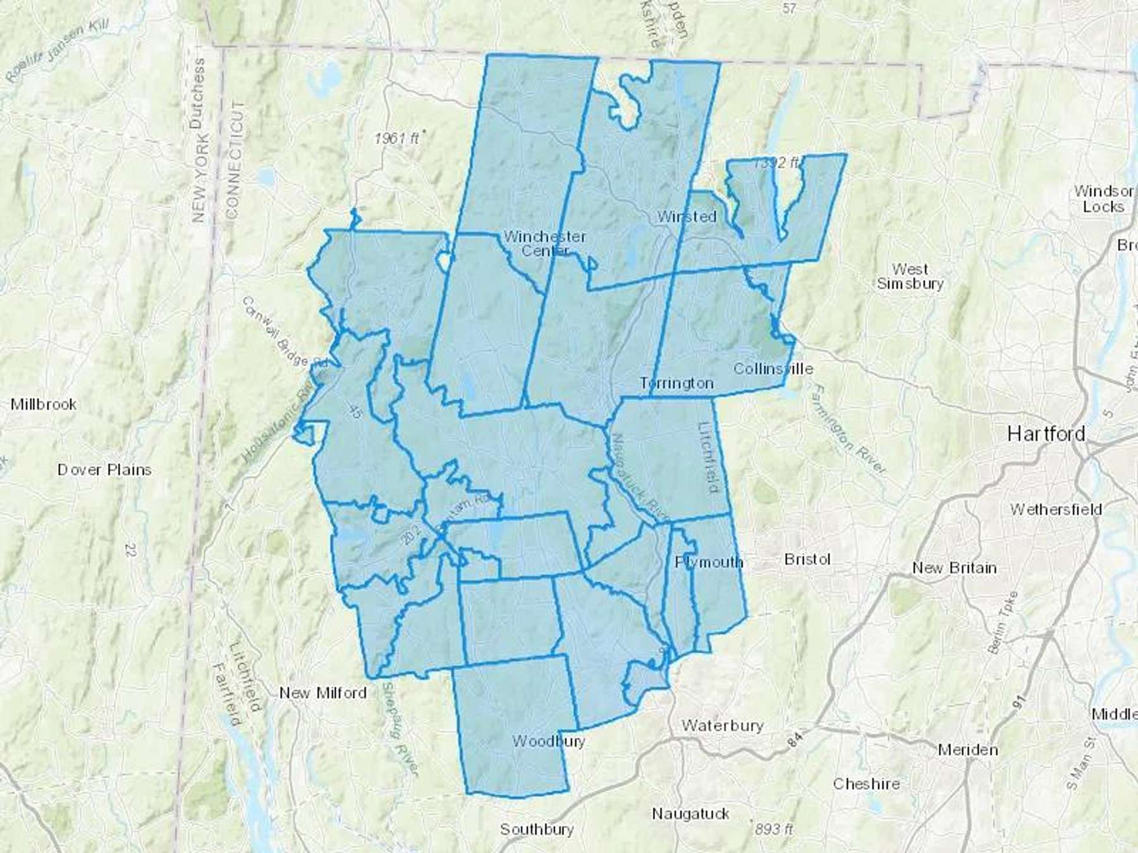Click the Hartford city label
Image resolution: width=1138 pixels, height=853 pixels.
pos(1046,433)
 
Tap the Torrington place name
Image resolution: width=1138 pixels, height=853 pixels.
pos(676,383)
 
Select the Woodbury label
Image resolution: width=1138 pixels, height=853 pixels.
pos(548,741)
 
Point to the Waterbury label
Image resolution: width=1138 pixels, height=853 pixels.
pos(722,725)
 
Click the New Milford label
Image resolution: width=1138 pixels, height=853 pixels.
pos(323,693)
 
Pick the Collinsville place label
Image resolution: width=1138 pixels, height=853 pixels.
pos(773,368)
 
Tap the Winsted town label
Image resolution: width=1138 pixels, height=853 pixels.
pos(687,216)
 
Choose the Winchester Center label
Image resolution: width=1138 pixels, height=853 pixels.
pos(544,243)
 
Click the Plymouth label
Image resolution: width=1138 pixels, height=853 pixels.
pos(709,562)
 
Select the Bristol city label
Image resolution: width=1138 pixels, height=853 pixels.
pos(807,559)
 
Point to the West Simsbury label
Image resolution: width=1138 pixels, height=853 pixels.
pos(910,277)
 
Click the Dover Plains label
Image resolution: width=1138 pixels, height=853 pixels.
pos(104,469)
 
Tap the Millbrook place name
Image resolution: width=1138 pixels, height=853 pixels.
pos(44,404)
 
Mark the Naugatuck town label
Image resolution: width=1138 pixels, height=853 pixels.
pos(690,814)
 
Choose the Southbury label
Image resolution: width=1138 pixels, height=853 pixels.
pos(537,829)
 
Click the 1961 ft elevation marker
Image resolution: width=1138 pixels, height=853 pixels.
pos(396,138)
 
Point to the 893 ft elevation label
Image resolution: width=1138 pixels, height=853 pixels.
pos(773,829)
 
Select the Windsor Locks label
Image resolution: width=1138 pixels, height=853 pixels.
pos(1103,198)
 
